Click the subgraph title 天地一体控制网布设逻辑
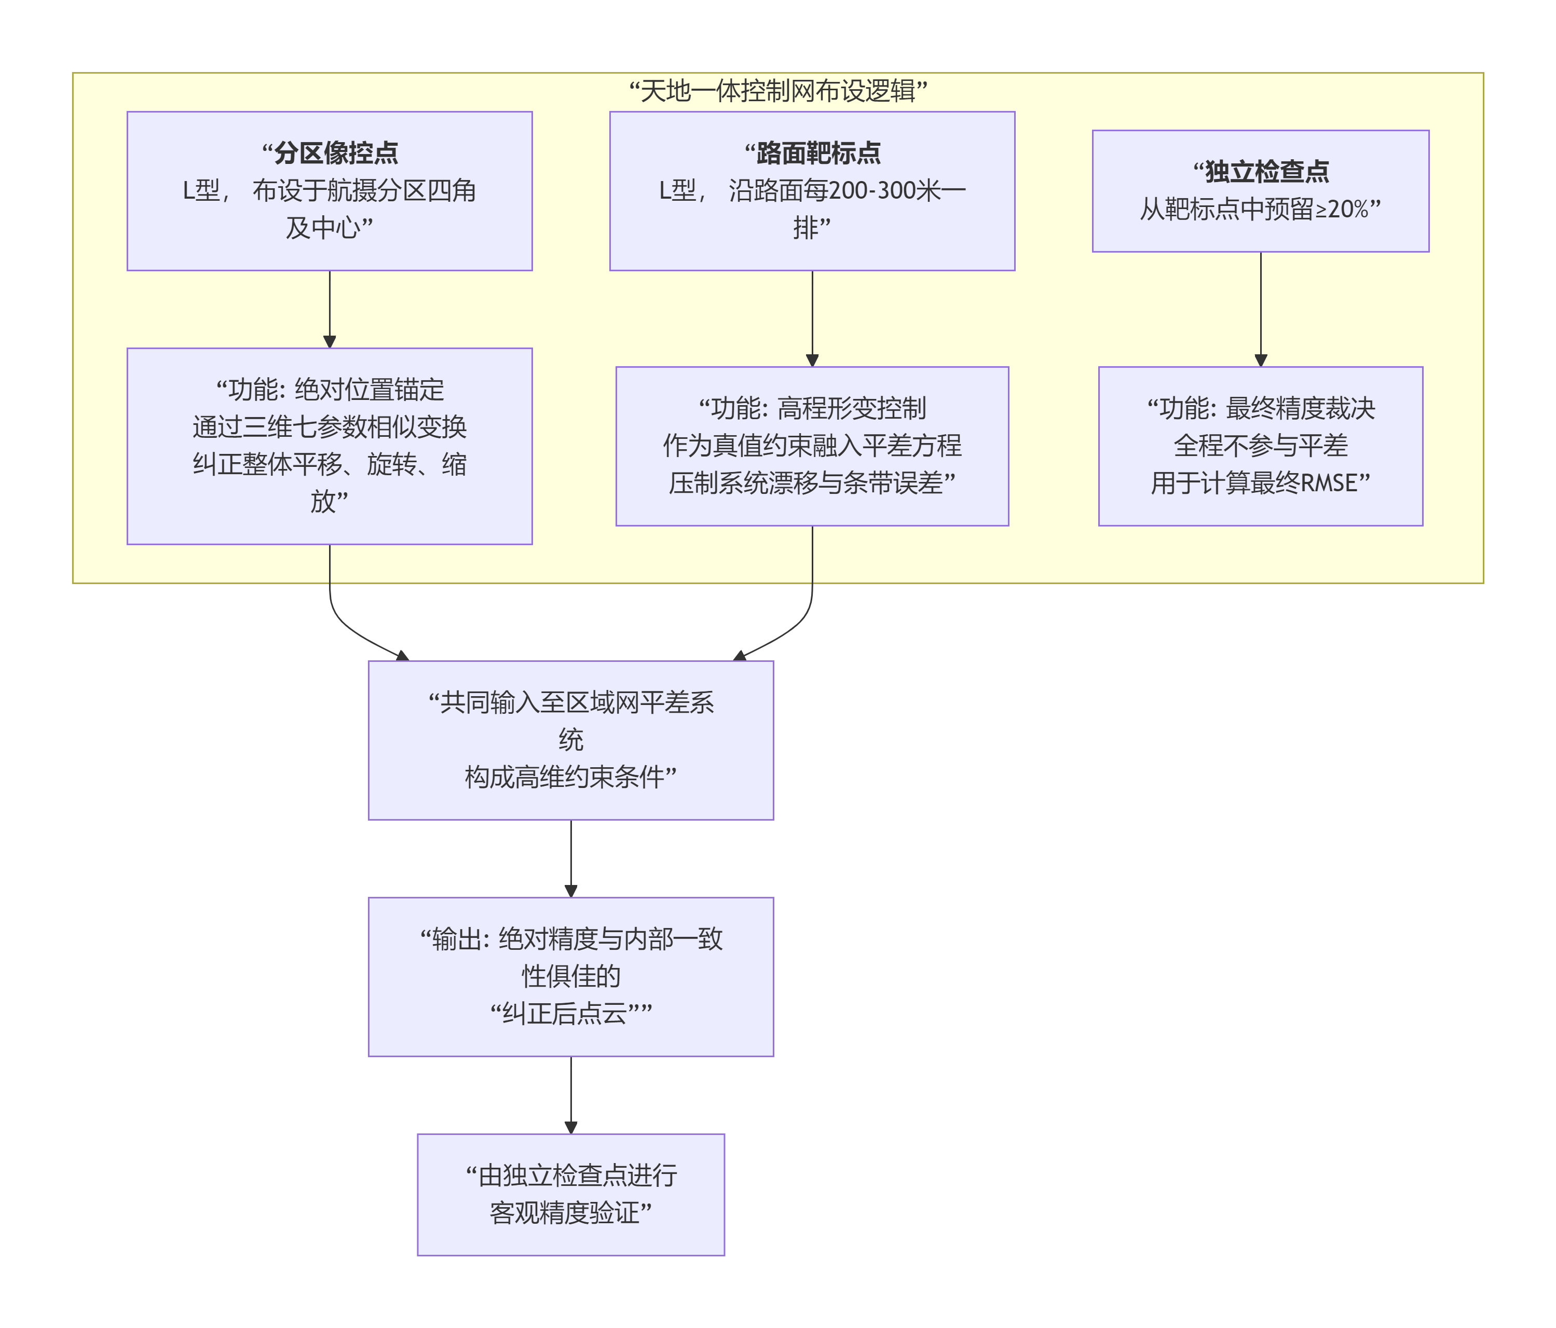tap(778, 91)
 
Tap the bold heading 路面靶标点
tap(818, 153)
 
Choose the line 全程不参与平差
tap(1261, 446)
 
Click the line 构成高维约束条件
tap(571, 777)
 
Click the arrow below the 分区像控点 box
tap(330, 309)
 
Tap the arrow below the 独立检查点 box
tap(1261, 309)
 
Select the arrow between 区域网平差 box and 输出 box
tap(571, 858)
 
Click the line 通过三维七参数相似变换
tap(330, 427)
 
